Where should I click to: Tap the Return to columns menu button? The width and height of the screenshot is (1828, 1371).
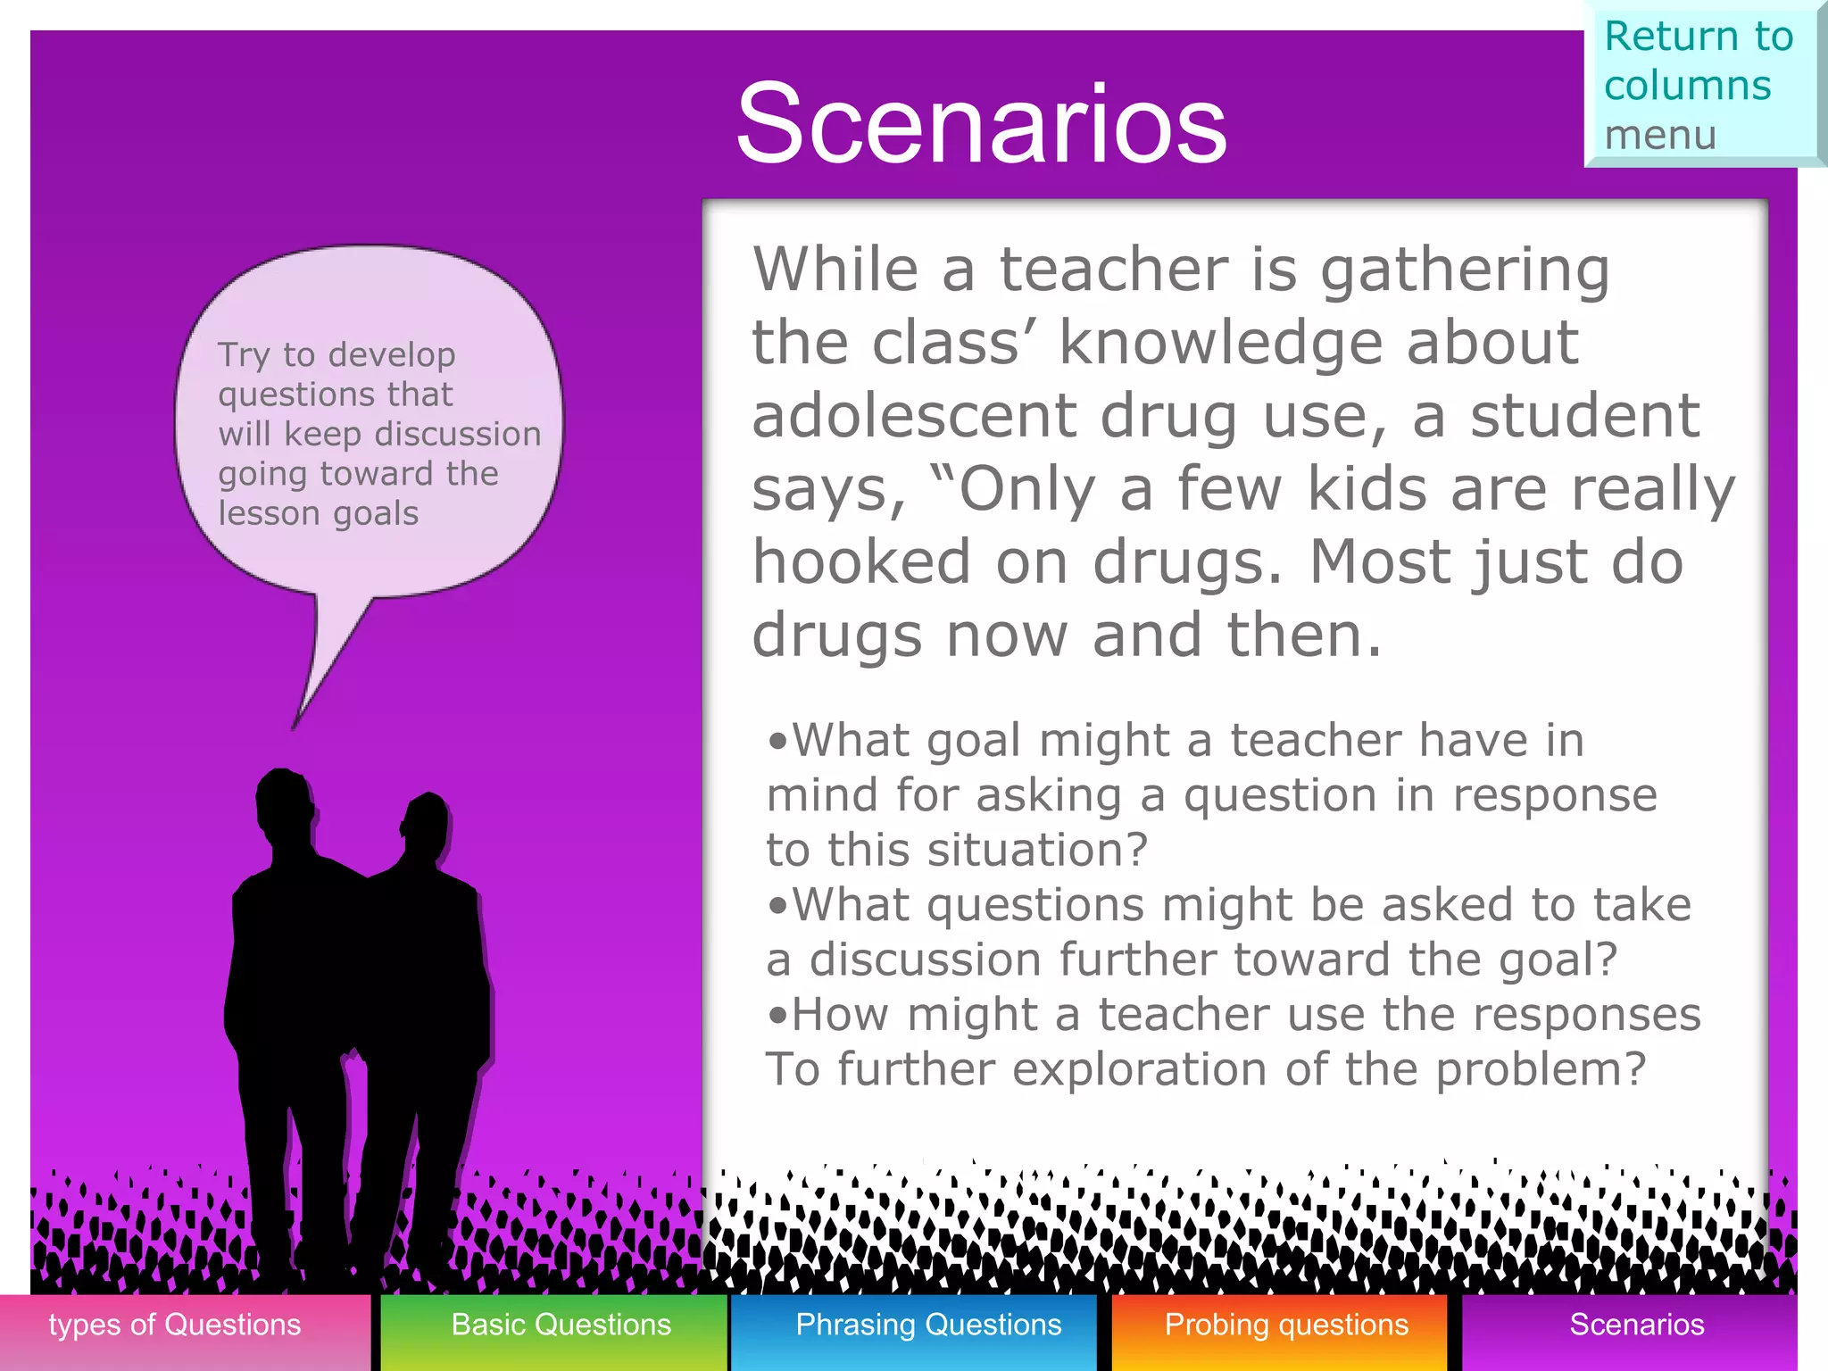point(1701,85)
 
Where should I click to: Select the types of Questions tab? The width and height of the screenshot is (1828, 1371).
point(175,1325)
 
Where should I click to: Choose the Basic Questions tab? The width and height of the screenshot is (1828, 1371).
point(561,1325)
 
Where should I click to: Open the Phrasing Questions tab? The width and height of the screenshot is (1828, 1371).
point(928,1325)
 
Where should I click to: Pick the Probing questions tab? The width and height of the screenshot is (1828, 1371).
point(1286,1325)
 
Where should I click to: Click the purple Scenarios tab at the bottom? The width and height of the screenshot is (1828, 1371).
point(1636,1325)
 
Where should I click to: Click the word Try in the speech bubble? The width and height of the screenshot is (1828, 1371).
point(244,355)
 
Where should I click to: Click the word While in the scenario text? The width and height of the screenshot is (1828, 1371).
point(835,269)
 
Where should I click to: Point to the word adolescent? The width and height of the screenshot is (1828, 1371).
point(914,416)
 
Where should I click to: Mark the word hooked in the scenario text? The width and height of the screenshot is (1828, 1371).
point(861,562)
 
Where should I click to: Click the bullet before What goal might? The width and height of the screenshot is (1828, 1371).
point(778,741)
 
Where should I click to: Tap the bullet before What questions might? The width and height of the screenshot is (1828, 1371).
point(778,906)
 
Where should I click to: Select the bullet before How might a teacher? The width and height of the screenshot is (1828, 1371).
point(778,1016)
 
